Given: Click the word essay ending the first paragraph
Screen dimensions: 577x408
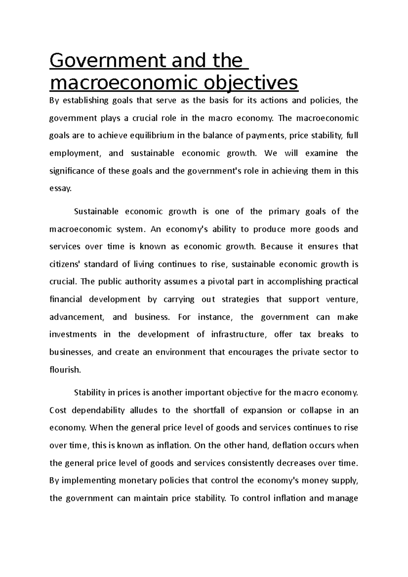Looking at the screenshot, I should tap(61, 189).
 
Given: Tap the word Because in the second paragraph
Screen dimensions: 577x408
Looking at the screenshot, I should tap(276, 246).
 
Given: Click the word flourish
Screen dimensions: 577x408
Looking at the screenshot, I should tap(65, 370).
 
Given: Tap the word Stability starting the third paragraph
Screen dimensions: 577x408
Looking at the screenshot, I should tap(89, 393).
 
